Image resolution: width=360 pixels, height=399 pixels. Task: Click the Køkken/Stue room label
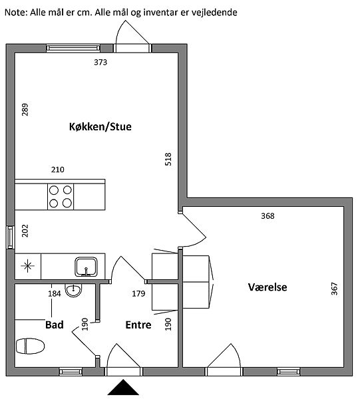coord(100,126)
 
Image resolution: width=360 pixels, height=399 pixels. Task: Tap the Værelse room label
coord(268,287)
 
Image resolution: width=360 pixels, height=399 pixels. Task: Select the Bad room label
coord(54,325)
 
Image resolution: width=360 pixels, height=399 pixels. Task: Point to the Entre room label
coord(138,325)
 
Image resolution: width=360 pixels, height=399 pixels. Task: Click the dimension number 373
coord(100,62)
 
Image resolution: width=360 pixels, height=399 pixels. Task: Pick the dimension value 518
coord(168,159)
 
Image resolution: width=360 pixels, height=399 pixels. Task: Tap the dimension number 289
coord(25,110)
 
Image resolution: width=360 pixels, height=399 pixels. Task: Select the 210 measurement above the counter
coord(57,170)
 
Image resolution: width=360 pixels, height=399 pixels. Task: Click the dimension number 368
coord(268,215)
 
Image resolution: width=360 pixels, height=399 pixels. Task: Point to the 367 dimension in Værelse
coord(334,289)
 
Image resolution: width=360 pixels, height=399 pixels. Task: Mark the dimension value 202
coord(25,231)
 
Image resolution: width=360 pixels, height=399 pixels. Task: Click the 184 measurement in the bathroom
coord(55,294)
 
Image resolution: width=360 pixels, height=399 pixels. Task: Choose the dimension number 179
coord(138,294)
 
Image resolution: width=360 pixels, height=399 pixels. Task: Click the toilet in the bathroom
coord(31,346)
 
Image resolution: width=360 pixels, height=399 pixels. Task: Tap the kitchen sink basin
coord(86,267)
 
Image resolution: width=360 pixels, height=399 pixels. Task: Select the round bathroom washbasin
coord(74,290)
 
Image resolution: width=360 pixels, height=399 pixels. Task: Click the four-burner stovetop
coord(61,197)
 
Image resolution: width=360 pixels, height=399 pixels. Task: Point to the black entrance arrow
coord(123,387)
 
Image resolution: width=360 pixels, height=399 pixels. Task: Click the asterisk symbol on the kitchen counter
coord(28,266)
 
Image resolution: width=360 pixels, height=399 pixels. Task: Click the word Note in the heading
coord(16,12)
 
